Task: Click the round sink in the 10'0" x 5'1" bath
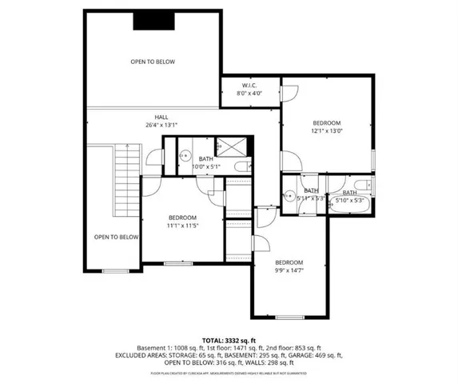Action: tap(183, 157)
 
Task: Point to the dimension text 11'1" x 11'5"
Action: tap(182, 226)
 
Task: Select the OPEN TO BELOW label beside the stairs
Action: tap(117, 237)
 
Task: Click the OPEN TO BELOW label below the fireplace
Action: tap(153, 62)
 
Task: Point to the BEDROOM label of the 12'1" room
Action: tap(326, 122)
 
